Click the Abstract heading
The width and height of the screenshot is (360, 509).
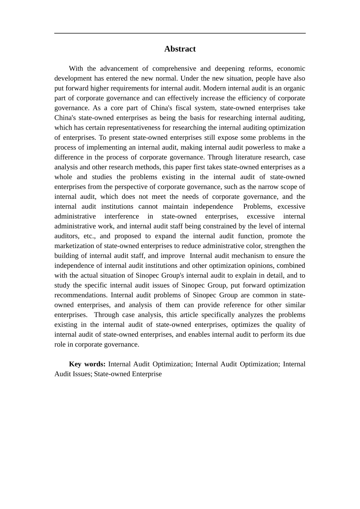[180, 49]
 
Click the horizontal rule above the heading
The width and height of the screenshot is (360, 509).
[180, 33]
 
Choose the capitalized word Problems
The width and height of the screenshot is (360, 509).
[257, 206]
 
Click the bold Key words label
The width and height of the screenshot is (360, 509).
[87, 364]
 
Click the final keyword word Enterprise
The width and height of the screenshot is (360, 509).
[146, 374]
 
